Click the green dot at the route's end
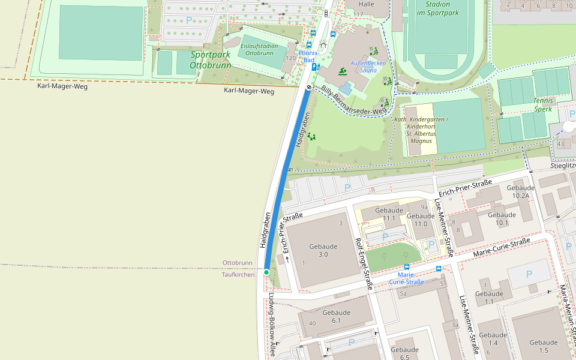(x=266, y=272)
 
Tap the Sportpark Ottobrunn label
(x=210, y=59)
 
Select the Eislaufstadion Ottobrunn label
(x=259, y=49)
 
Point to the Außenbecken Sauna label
(x=368, y=67)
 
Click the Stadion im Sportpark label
(x=437, y=8)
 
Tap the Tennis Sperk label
(x=543, y=105)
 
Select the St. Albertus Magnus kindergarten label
(x=421, y=130)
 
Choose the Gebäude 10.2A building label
(x=521, y=191)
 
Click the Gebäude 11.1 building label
(x=389, y=214)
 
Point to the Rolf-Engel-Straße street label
(x=364, y=264)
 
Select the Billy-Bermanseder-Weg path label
(x=354, y=101)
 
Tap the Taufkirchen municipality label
(x=238, y=274)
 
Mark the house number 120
(x=290, y=58)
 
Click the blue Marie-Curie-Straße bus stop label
(x=406, y=278)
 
